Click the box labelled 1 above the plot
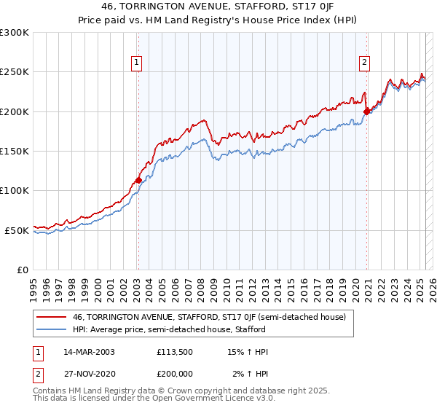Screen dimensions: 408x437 click(137, 63)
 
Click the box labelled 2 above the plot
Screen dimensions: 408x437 click(363, 63)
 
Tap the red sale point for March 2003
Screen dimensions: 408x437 click(138, 179)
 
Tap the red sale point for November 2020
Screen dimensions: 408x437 click(366, 111)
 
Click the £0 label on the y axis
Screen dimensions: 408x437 click(22, 270)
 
